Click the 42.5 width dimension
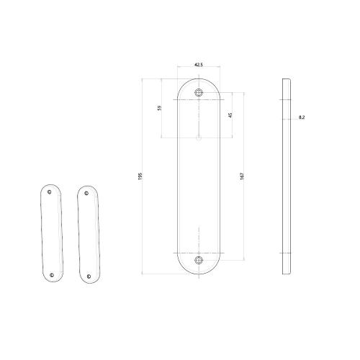point(199,65)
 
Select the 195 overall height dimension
point(140,175)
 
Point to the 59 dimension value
point(159,109)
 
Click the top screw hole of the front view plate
point(199,91)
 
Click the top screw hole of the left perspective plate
point(49,192)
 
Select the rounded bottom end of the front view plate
point(199,272)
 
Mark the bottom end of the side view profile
point(287,272)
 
